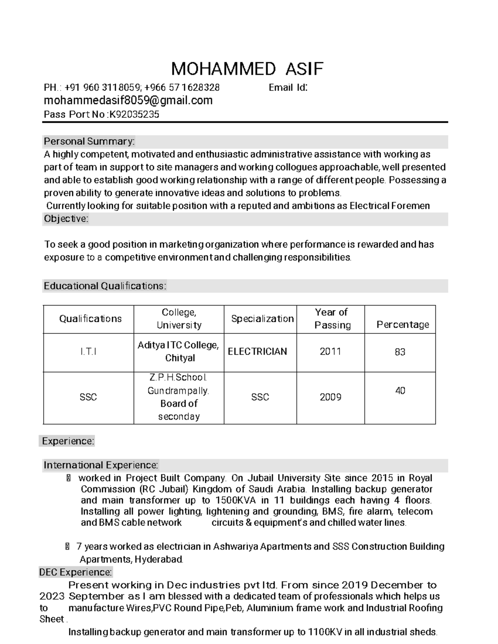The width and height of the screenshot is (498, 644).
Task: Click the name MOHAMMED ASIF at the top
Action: click(x=247, y=69)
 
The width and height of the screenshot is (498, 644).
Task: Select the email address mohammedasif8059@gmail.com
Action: click(x=128, y=100)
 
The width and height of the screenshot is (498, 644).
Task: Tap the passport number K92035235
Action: click(x=134, y=114)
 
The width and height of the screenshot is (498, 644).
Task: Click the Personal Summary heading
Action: click(x=89, y=142)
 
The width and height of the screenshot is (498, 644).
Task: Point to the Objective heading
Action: click(x=66, y=219)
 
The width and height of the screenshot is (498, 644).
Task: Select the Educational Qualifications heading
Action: click(x=105, y=286)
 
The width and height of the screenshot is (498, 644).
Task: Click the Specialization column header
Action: click(x=262, y=319)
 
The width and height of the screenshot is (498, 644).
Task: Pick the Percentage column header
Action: click(x=402, y=324)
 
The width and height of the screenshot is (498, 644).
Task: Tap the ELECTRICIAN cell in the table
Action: click(x=257, y=352)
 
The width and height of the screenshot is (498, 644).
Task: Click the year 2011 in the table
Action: click(x=330, y=352)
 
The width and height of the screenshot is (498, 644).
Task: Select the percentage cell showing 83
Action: click(x=400, y=352)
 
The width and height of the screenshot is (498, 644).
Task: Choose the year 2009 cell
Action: click(x=330, y=397)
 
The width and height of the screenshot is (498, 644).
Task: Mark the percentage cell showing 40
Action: click(x=400, y=391)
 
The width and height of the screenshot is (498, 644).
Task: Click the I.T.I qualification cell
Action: click(x=88, y=352)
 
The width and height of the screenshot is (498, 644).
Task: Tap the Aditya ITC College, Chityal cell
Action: click(x=179, y=352)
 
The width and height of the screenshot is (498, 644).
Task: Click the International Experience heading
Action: click(x=101, y=465)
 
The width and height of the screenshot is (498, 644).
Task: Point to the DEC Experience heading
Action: click(x=75, y=572)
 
